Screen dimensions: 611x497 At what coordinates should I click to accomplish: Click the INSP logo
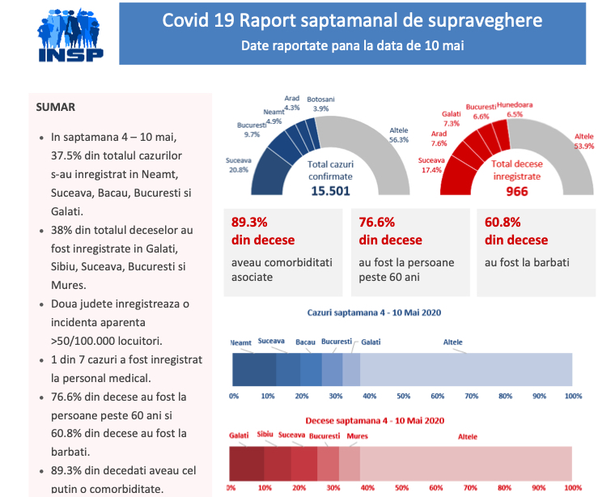70,35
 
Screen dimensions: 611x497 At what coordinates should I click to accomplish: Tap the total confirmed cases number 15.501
330,191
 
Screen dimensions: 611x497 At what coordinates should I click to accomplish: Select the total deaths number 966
516,191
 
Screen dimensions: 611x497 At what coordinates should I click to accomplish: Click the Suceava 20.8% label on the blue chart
239,165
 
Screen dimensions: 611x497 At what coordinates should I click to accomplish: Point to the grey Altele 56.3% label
399,135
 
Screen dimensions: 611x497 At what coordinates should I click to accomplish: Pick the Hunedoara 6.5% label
515,109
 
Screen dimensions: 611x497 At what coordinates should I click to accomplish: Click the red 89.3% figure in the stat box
249,222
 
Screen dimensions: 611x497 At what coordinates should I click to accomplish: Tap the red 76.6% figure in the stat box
377,222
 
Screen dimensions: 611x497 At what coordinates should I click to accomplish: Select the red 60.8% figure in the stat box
503,222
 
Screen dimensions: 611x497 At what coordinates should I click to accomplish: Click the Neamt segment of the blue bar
254,370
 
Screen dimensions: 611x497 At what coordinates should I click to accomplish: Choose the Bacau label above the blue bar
305,342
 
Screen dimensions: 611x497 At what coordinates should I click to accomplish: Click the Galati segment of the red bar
246,464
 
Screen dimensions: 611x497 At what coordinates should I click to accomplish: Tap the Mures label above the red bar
358,435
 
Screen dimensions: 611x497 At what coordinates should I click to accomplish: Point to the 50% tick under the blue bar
403,396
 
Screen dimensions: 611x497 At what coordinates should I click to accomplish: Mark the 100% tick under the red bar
573,488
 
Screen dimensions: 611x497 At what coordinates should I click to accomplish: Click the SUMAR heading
55,107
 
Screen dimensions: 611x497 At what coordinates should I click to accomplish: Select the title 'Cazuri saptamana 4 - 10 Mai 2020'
374,312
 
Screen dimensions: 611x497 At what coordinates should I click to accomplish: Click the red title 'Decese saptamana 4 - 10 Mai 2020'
375,421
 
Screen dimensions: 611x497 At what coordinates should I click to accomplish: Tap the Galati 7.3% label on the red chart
452,118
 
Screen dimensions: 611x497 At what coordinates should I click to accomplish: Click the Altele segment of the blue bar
466,370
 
